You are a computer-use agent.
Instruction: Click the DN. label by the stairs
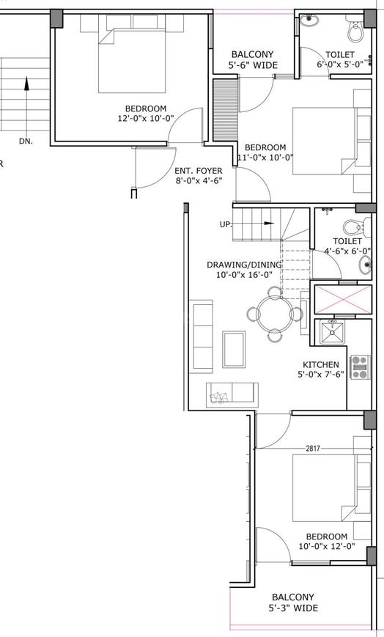pos(26,141)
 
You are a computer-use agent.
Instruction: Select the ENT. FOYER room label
pos(199,171)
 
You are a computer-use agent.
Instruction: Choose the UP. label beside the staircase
pos(226,224)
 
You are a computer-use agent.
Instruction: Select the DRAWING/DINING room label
pos(244,265)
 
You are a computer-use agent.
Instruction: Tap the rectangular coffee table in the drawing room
pos(234,350)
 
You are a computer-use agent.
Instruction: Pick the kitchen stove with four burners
pos(360,367)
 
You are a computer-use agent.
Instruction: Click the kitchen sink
pos(332,331)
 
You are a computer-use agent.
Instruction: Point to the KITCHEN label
pos(320,364)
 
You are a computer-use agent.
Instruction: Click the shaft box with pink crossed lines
pos(344,299)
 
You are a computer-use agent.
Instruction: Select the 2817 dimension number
pos(313,449)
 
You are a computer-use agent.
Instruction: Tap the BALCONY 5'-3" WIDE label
pos(293,603)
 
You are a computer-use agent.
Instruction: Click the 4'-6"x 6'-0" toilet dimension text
pos(347,251)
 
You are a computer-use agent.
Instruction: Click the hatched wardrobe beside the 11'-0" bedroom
pos(226,110)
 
